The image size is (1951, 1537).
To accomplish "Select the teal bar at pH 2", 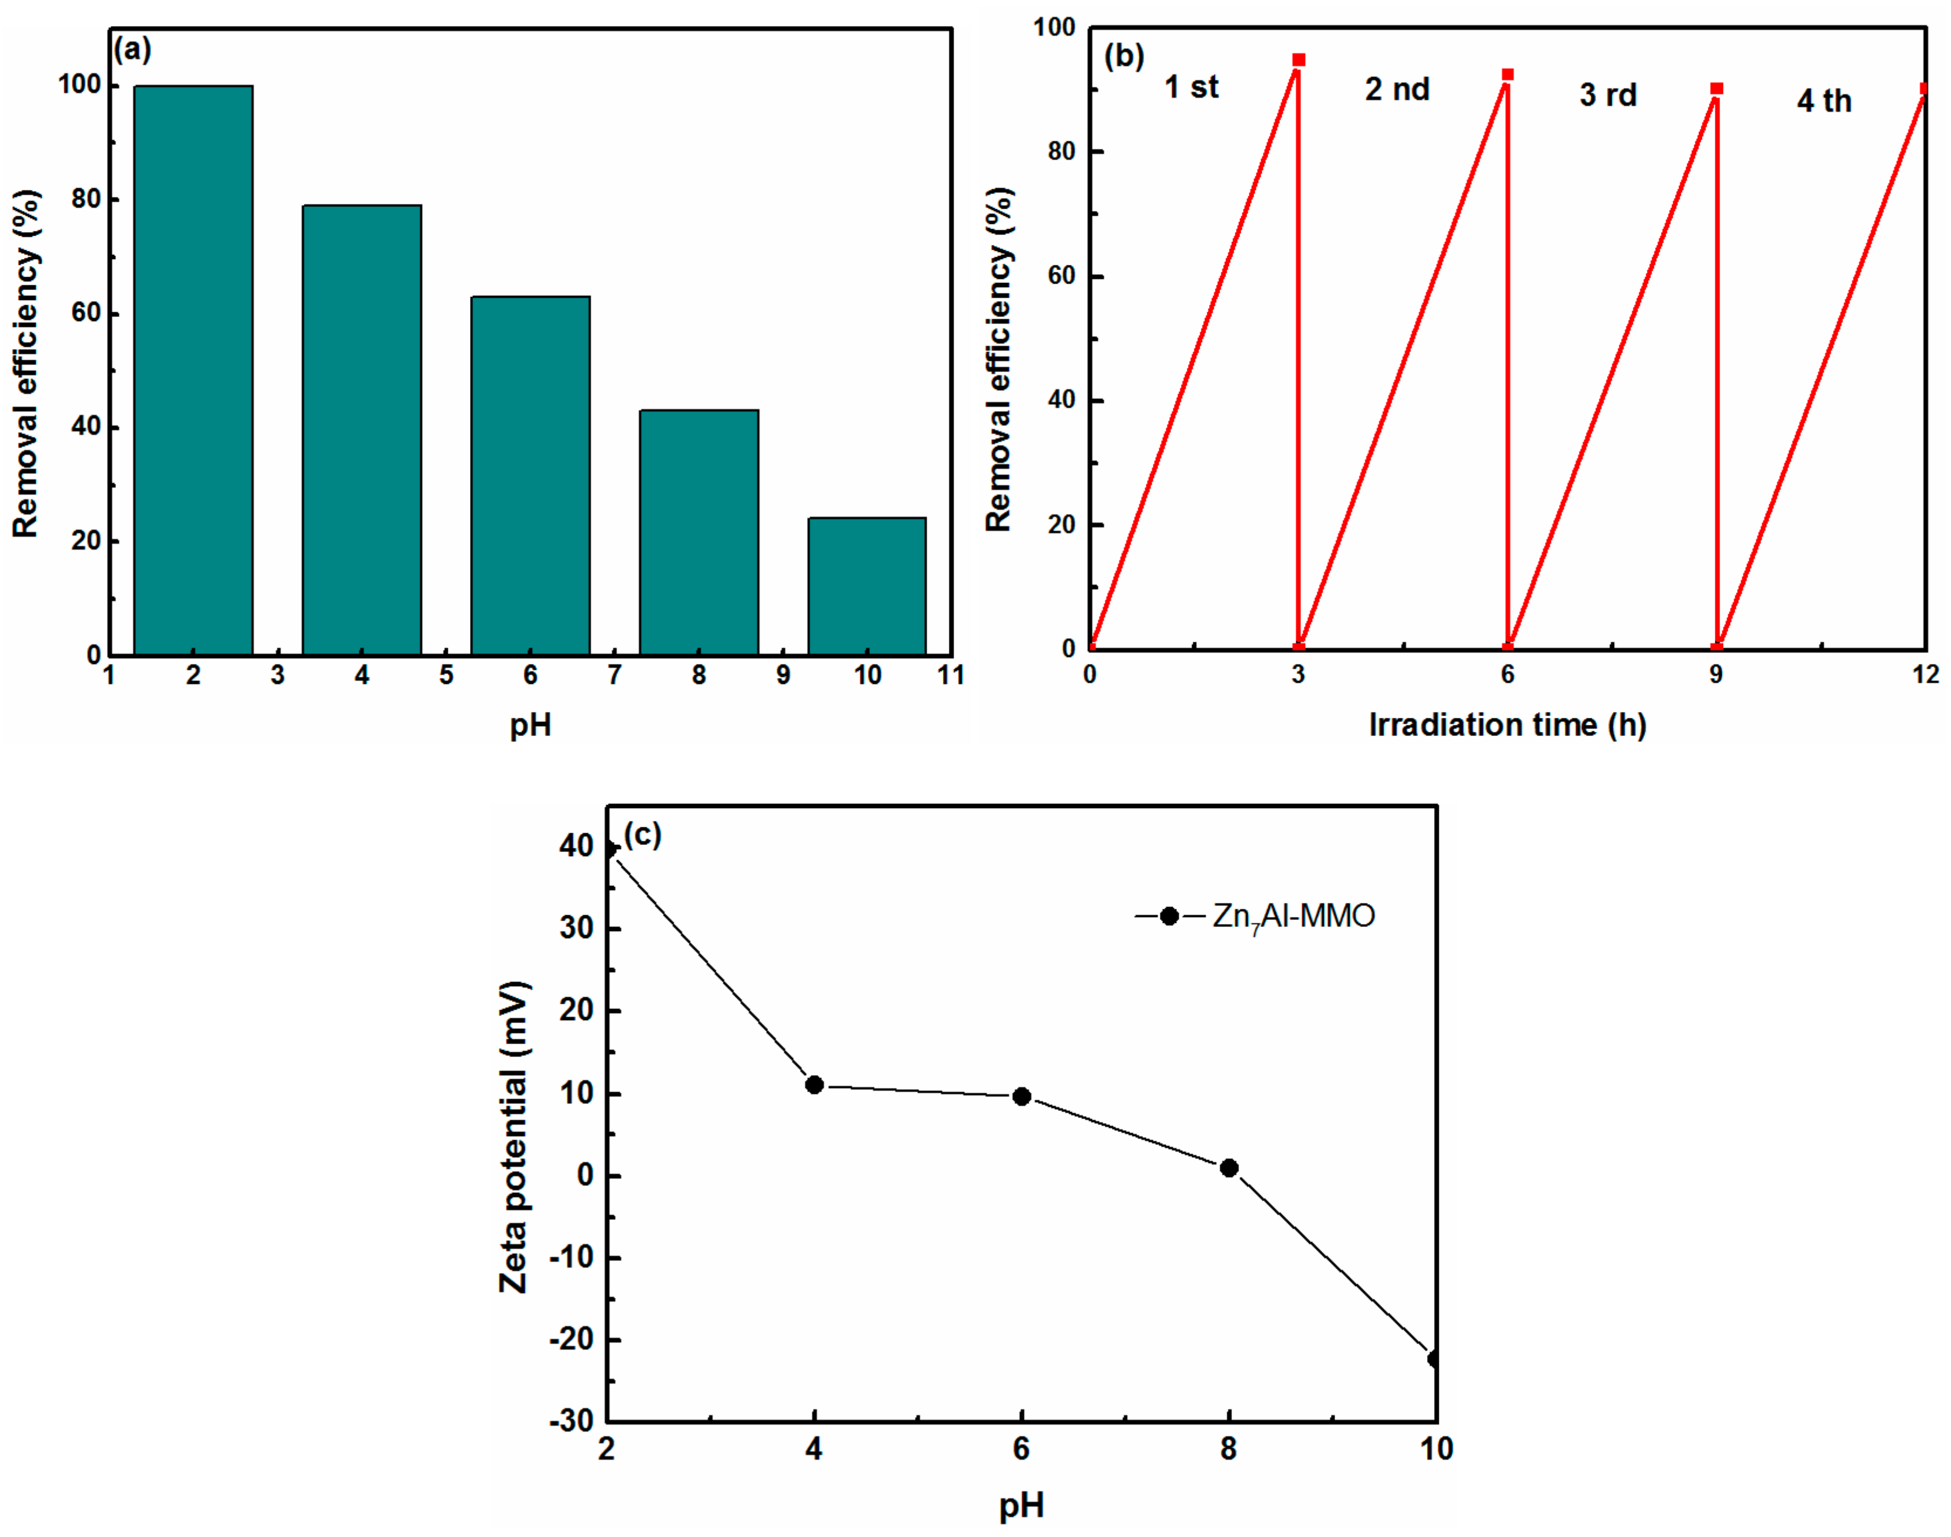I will [x=193, y=369].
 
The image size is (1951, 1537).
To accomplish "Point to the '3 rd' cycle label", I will [x=1607, y=94].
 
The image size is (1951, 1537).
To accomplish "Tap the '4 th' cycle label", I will [x=1824, y=101].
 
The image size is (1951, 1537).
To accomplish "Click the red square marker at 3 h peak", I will [x=1299, y=60].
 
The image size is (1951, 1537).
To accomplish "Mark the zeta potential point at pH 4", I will [x=815, y=1085].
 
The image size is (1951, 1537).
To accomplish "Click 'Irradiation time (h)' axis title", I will [x=1507, y=724].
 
